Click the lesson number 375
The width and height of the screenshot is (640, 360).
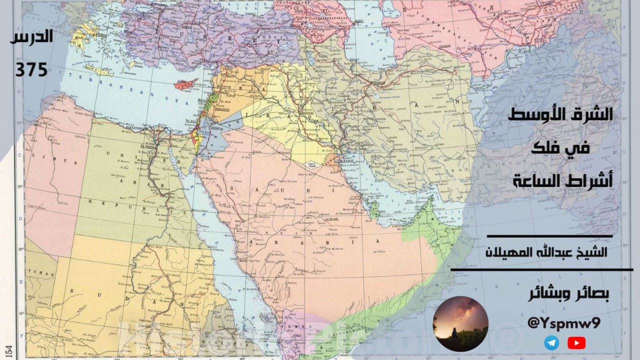pos(31,69)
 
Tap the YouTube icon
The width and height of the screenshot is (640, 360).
pos(576,343)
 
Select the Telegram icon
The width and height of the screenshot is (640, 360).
pos(552,343)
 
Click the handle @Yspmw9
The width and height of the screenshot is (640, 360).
pos(564,323)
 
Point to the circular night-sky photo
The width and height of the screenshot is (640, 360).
pos(460,323)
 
